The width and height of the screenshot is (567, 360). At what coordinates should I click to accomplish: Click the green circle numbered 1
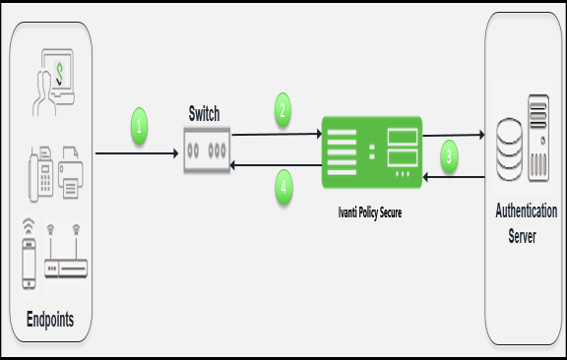(x=140, y=126)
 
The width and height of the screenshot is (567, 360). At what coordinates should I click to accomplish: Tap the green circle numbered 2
(x=283, y=111)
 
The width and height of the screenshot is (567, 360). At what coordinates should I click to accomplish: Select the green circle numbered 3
(x=449, y=155)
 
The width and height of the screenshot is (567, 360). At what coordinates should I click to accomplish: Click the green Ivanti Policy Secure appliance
(x=371, y=150)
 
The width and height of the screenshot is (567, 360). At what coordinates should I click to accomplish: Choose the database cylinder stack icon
(x=509, y=149)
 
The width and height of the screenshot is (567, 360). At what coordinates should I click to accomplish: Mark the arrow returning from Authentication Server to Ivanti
(x=454, y=176)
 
